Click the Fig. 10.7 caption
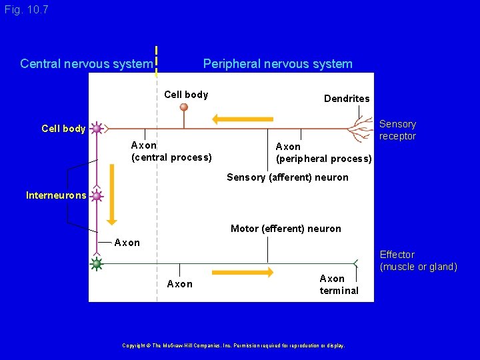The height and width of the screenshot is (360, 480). [x=26, y=10]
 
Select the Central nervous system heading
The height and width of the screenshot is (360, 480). [x=86, y=64]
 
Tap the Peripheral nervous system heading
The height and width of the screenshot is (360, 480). [x=277, y=64]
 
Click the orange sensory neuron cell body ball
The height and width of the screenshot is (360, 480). [x=184, y=107]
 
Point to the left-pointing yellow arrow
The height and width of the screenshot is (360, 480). [x=242, y=119]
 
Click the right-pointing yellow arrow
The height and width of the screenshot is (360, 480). [x=243, y=272]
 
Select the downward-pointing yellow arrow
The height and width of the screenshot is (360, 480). [x=111, y=194]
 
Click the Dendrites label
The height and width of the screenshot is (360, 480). [x=347, y=99]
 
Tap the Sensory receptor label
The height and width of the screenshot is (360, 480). [x=397, y=130]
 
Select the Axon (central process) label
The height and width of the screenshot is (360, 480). [x=171, y=151]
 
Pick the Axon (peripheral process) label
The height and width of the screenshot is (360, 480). [x=323, y=153]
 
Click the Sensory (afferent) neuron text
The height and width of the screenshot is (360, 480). [x=287, y=177]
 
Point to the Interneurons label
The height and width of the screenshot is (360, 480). [x=56, y=195]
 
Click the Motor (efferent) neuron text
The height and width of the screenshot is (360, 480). [x=285, y=229]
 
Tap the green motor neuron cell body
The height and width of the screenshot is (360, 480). [x=97, y=264]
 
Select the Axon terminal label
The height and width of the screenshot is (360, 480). [x=339, y=284]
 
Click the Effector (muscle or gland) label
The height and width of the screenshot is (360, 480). [x=418, y=261]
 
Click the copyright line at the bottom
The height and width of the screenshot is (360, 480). [x=233, y=345]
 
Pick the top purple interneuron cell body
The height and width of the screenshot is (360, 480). [x=97, y=128]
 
